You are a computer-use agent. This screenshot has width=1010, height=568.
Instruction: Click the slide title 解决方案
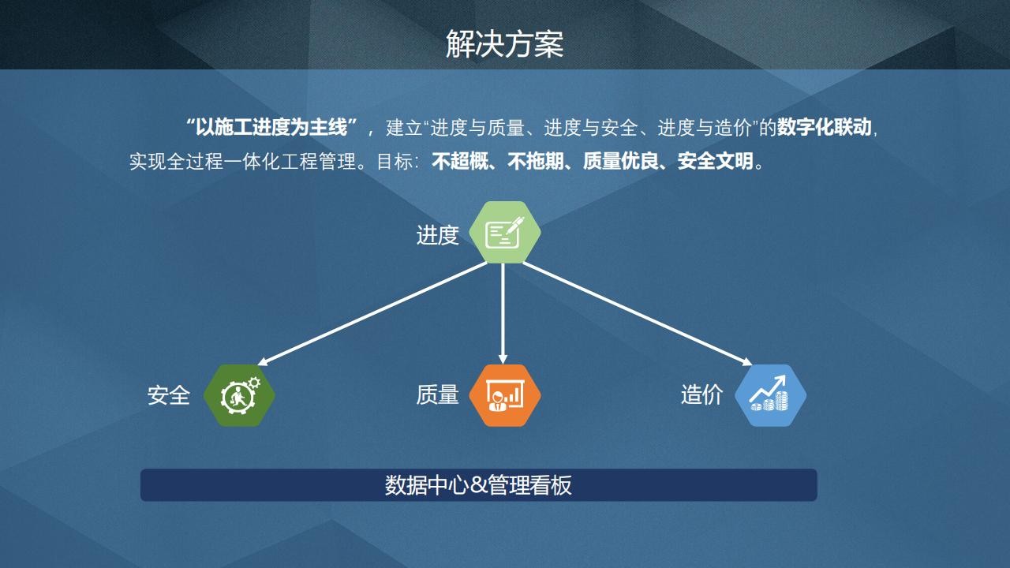point(504,44)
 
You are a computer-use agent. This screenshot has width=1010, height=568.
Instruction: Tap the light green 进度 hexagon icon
point(504,233)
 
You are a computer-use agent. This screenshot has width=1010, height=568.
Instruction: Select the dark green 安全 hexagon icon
point(239,395)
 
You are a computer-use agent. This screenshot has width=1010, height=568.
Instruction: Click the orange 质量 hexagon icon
point(504,395)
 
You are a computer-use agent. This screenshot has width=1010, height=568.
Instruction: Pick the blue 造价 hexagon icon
point(771,395)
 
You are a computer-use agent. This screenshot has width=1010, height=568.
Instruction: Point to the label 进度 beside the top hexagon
point(437,235)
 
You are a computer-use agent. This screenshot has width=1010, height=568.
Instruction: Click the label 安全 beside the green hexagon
point(169,395)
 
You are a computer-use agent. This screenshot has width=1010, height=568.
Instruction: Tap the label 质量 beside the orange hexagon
point(437,395)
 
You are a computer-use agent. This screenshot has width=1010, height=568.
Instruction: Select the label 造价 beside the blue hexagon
point(702,395)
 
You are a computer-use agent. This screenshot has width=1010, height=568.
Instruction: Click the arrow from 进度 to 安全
point(372,314)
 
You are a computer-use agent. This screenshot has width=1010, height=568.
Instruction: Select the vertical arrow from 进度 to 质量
point(503,314)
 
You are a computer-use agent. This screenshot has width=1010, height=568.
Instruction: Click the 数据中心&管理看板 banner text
point(478,485)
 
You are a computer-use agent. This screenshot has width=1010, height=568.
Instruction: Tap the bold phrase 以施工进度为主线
point(271,127)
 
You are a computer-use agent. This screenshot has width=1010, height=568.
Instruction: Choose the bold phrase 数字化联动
point(824,127)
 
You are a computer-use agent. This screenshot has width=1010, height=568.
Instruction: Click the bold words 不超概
point(460,161)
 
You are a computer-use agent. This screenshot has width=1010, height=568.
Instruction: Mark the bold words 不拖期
point(536,161)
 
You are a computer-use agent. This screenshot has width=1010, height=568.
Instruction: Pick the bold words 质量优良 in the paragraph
point(621,161)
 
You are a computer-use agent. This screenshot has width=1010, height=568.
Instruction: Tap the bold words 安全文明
point(716,161)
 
